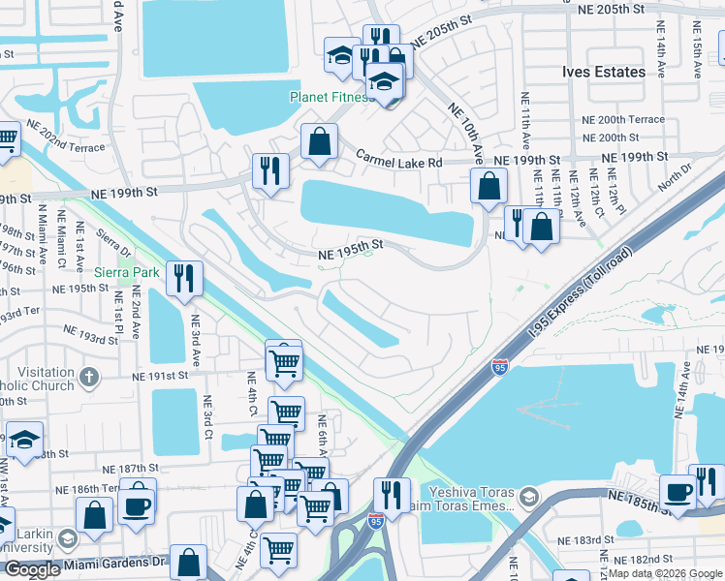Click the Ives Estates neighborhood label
pos(603,73)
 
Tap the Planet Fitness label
pos(331,98)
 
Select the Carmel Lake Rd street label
pos(398,162)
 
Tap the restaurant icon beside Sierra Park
pos(182,278)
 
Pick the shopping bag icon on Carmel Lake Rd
pos(319,142)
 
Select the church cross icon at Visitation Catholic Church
pos(88,376)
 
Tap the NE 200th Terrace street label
pos(622,120)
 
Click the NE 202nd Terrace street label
pos(65,138)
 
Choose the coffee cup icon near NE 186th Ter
pos(137,504)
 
